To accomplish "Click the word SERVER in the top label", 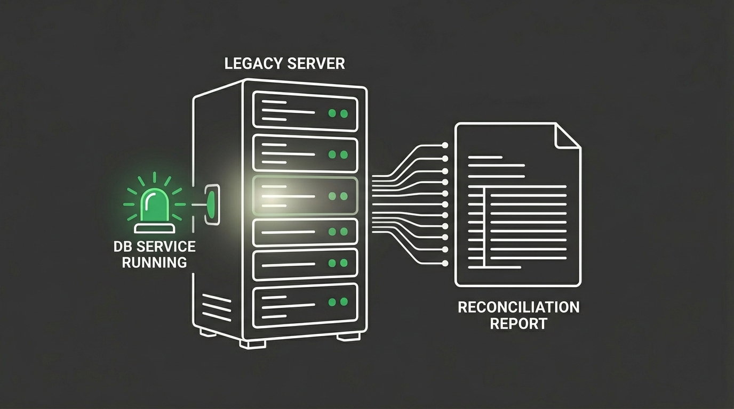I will [x=316, y=63].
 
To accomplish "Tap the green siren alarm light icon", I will [x=154, y=203].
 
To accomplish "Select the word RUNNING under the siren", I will [x=154, y=262].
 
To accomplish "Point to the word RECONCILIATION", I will [x=518, y=307].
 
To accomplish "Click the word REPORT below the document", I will [x=518, y=324].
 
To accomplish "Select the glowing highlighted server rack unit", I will [x=305, y=196].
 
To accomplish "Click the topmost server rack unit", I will [x=305, y=111].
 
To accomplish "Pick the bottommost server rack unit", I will [x=305, y=305].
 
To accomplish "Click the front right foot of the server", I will [x=348, y=337].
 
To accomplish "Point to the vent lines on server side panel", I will [x=216, y=308].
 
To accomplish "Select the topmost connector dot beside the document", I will [x=445, y=145].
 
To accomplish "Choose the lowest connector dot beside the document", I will [x=445, y=263].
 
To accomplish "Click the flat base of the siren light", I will [x=154, y=228].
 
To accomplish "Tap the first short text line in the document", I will [x=484, y=157].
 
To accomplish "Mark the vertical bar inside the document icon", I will [x=484, y=226].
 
